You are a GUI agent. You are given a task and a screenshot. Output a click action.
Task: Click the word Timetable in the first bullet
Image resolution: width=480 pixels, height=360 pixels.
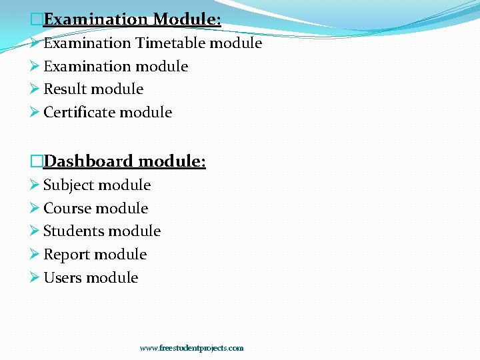point(169,43)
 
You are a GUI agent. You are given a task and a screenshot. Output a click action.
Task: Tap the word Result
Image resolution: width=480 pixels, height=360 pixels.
point(66,89)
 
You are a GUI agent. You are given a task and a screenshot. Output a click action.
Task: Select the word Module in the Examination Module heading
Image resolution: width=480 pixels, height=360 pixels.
point(187,19)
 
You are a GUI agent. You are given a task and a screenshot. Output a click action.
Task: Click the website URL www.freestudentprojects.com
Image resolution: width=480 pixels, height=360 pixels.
point(192,348)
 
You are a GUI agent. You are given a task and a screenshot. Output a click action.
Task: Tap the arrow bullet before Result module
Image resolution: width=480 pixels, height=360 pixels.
point(35,89)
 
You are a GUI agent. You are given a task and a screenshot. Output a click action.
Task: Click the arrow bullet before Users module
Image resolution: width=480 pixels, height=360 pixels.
point(35,278)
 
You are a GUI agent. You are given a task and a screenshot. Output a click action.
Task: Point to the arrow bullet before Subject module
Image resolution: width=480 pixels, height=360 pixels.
point(35,185)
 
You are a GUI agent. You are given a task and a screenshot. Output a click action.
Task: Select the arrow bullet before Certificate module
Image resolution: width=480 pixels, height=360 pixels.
point(35,113)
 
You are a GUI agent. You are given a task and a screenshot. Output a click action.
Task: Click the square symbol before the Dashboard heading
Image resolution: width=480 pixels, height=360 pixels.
point(37,161)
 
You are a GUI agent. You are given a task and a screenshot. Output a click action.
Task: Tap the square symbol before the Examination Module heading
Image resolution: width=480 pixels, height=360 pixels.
point(37,19)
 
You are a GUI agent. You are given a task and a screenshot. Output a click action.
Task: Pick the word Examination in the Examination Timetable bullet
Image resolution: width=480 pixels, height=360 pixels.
point(87,43)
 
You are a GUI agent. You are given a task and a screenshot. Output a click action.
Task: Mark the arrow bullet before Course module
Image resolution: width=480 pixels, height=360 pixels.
point(35,209)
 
